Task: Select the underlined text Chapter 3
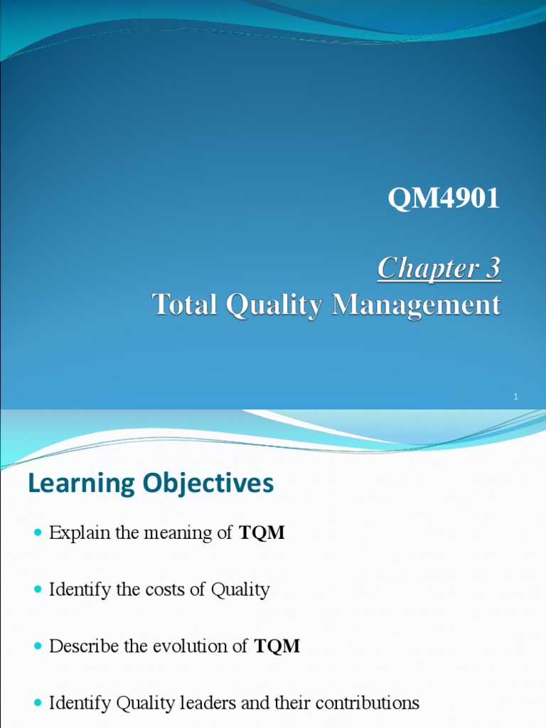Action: click(x=439, y=269)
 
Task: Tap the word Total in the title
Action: click(x=185, y=305)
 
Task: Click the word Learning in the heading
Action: click(x=81, y=484)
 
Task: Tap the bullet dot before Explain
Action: click(x=38, y=533)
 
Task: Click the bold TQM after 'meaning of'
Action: click(x=262, y=533)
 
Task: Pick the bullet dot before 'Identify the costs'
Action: click(x=38, y=590)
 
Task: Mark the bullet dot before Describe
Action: click(x=38, y=646)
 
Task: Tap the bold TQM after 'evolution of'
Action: click(x=277, y=646)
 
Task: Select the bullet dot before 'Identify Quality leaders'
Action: click(x=38, y=704)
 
